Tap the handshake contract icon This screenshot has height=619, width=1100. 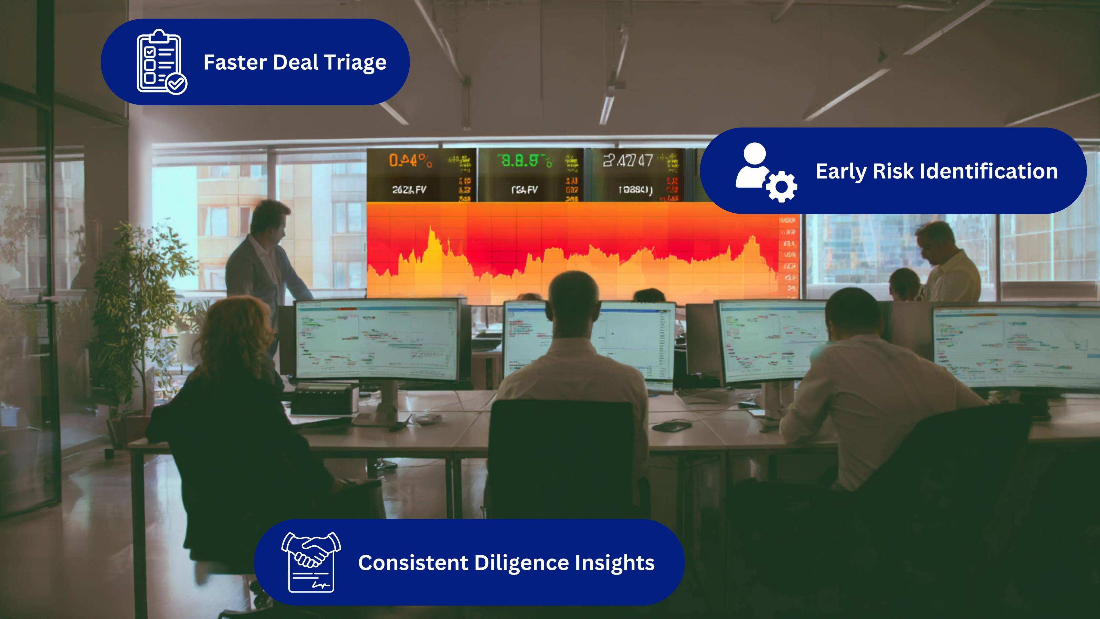coord(311,562)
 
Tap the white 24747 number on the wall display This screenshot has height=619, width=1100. coord(628,161)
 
